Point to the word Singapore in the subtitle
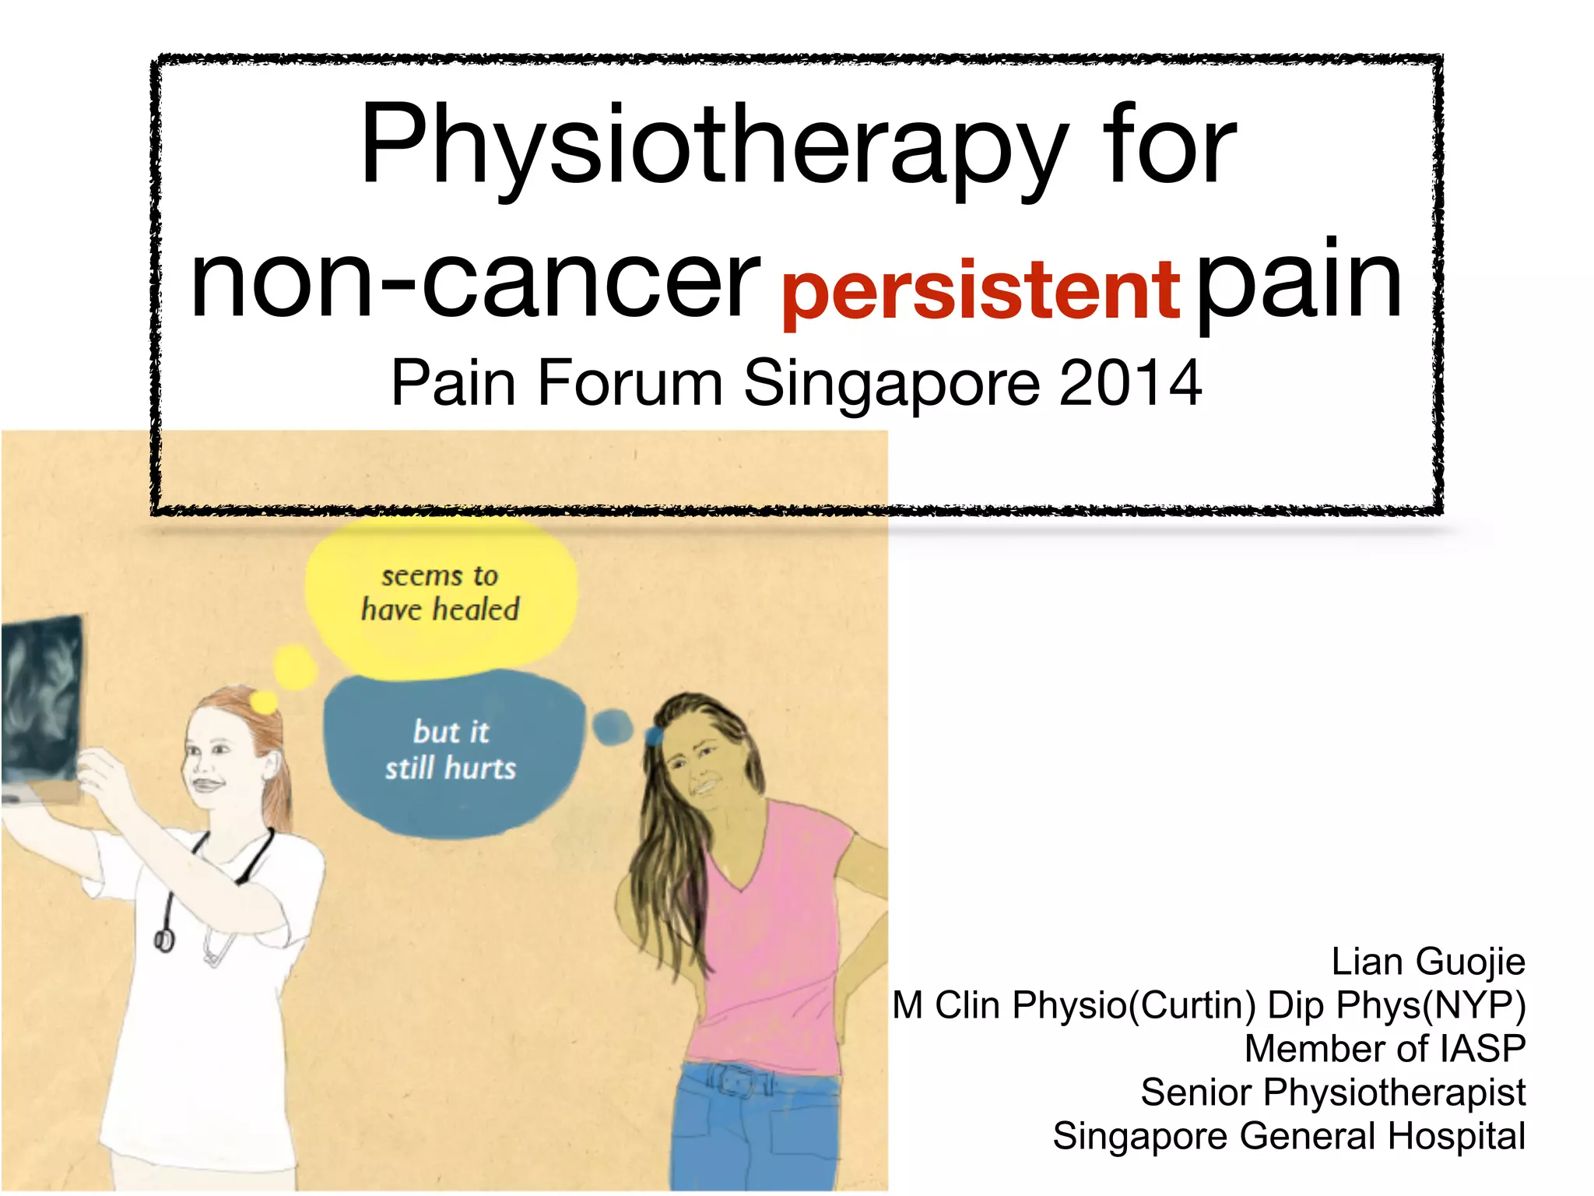[891, 383]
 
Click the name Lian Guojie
[1427, 962]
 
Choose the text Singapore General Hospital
[1288, 1136]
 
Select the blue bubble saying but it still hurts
[451, 751]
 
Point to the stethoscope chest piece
[163, 940]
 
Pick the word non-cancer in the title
[475, 280]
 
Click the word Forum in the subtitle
[629, 383]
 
